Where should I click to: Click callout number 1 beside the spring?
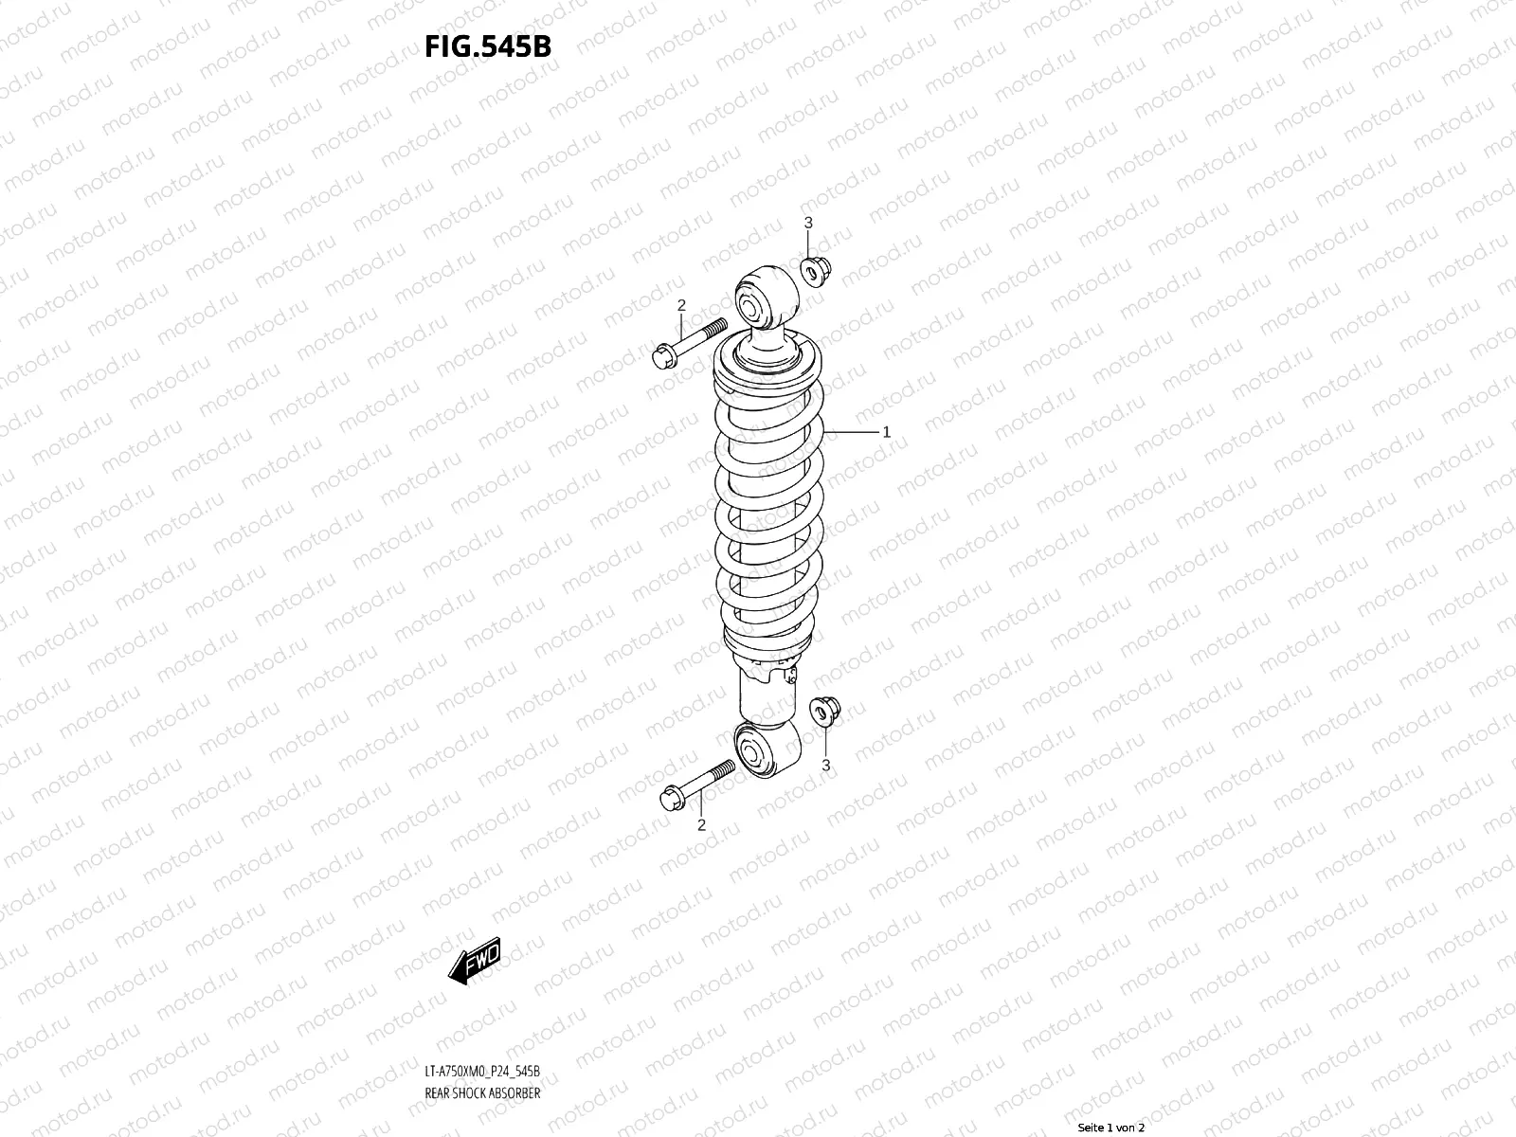click(x=886, y=432)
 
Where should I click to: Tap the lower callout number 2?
click(x=701, y=824)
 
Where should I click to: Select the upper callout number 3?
click(x=808, y=223)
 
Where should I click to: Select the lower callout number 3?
click(x=825, y=764)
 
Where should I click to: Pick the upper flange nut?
click(x=814, y=270)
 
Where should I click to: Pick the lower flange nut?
click(x=822, y=710)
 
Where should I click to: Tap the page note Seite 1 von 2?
click(x=1111, y=1128)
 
